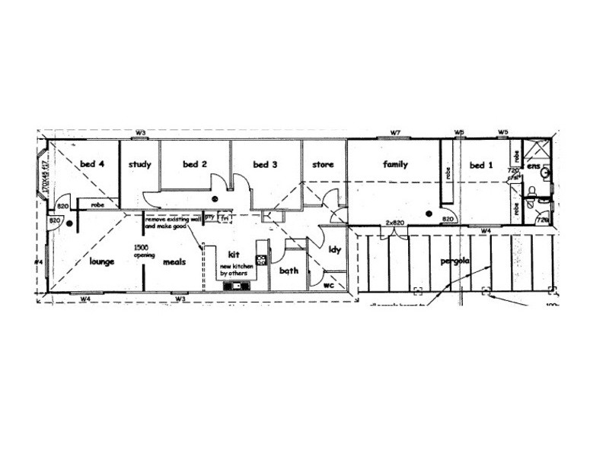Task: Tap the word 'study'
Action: tap(139, 164)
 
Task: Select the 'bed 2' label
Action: tap(195, 164)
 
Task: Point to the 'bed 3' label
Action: tap(265, 164)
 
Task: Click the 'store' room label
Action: tap(324, 164)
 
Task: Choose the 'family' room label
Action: tap(395, 164)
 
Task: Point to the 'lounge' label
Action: tap(101, 261)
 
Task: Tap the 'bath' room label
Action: tap(289, 271)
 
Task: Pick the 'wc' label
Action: tap(328, 286)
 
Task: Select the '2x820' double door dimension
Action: tap(394, 222)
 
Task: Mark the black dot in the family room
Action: tap(429, 214)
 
